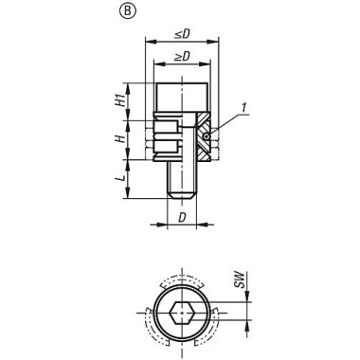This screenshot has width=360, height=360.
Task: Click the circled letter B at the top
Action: [x=127, y=11]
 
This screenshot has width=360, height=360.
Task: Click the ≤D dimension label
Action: [x=182, y=34]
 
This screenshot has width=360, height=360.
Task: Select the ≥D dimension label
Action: [x=182, y=56]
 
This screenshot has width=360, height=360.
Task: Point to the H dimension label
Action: [x=119, y=138]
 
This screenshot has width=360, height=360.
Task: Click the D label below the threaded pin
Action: [x=182, y=218]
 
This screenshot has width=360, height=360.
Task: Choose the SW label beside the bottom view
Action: [x=241, y=279]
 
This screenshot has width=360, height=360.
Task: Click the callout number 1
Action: [x=243, y=108]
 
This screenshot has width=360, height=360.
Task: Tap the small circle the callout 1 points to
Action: [x=206, y=136]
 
